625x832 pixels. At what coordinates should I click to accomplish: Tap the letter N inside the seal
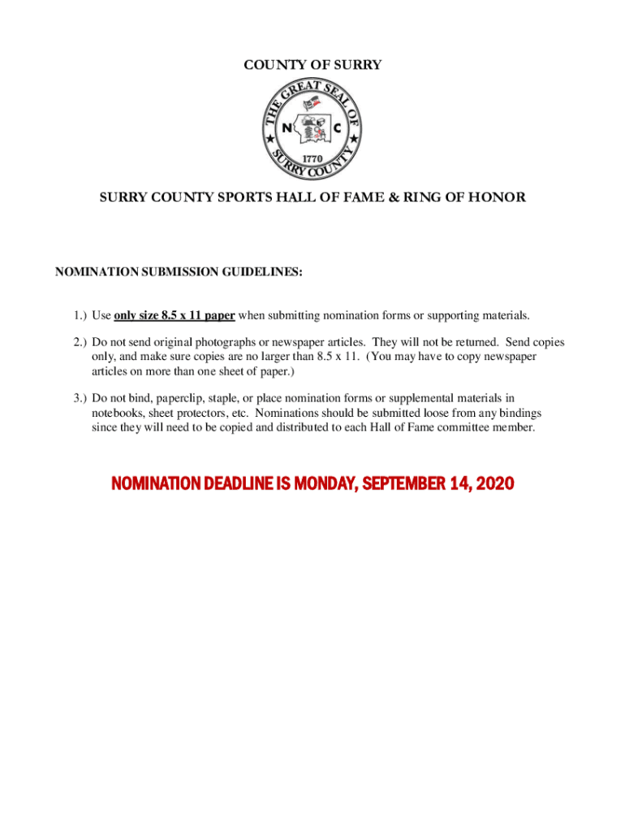(287, 128)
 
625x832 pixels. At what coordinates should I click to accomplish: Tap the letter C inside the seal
(337, 128)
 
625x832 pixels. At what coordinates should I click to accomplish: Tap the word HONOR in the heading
(499, 197)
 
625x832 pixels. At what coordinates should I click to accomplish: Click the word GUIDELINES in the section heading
(261, 274)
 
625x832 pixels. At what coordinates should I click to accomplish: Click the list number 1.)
(78, 315)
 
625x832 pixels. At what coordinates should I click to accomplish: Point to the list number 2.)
(78, 343)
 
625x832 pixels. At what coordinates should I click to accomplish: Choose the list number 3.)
(78, 398)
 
